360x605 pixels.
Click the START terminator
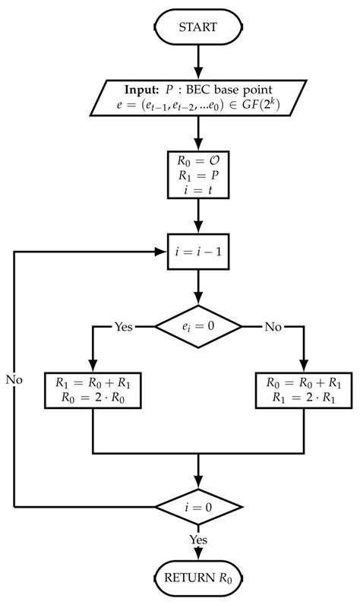click(197, 27)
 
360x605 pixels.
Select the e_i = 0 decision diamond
click(197, 327)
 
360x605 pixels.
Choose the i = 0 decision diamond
click(197, 506)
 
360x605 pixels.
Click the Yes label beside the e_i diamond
click(123, 327)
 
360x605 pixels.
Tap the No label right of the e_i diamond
click(273, 327)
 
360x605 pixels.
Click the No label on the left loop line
click(14, 379)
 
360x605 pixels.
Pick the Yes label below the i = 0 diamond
click(197, 539)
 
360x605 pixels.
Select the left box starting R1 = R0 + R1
click(92, 390)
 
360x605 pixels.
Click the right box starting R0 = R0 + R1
click(303, 390)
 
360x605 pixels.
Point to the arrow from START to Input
click(197, 59)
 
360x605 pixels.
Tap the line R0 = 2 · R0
click(92, 398)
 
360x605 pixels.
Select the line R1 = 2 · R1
click(303, 398)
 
